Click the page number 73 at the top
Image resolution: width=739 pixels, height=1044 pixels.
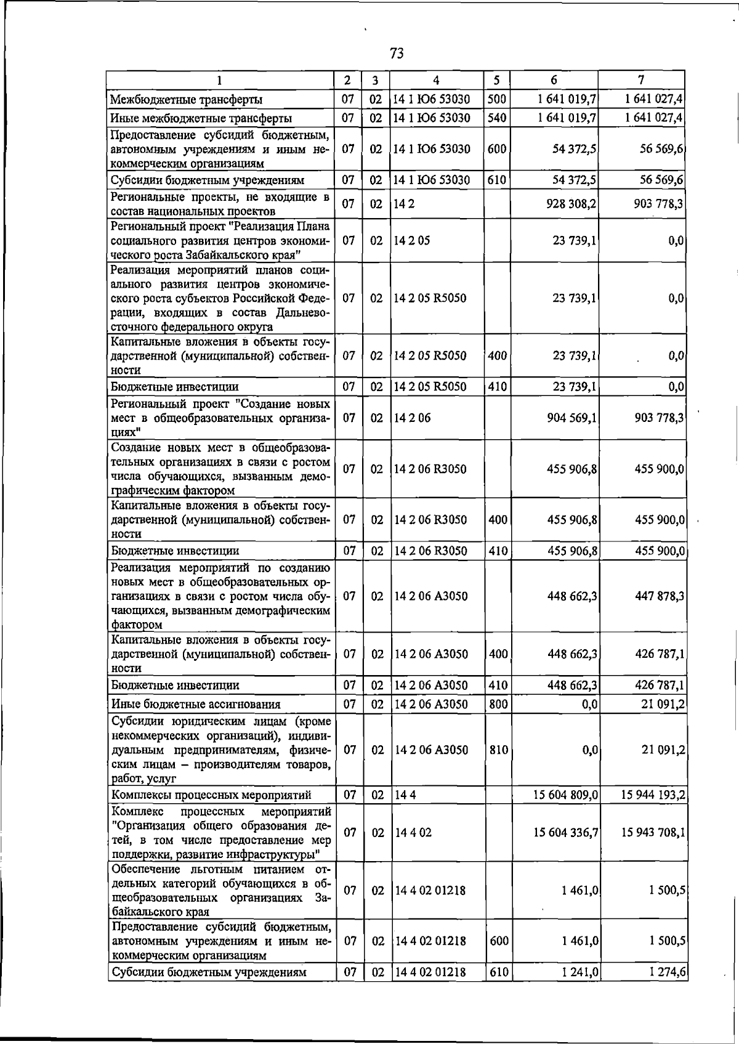pos(397,54)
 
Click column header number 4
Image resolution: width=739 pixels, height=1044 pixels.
pos(436,80)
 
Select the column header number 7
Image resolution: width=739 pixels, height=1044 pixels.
pos(641,79)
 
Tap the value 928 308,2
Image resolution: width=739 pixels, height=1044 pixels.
pos(571,204)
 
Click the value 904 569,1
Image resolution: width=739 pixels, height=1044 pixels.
pos(571,418)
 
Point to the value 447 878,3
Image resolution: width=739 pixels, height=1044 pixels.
pos(659,596)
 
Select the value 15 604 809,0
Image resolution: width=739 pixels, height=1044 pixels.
pos(566,795)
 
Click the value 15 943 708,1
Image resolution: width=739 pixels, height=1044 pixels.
pos(653,833)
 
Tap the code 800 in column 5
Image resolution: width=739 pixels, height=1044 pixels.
pos(498,704)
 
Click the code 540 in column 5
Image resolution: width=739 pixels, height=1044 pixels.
pos(496,118)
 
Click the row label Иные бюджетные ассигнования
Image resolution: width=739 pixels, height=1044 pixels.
pos(195,704)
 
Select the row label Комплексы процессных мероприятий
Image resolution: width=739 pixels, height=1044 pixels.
pos(211,795)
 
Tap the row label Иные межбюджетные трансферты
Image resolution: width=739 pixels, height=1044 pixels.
pos(201,118)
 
